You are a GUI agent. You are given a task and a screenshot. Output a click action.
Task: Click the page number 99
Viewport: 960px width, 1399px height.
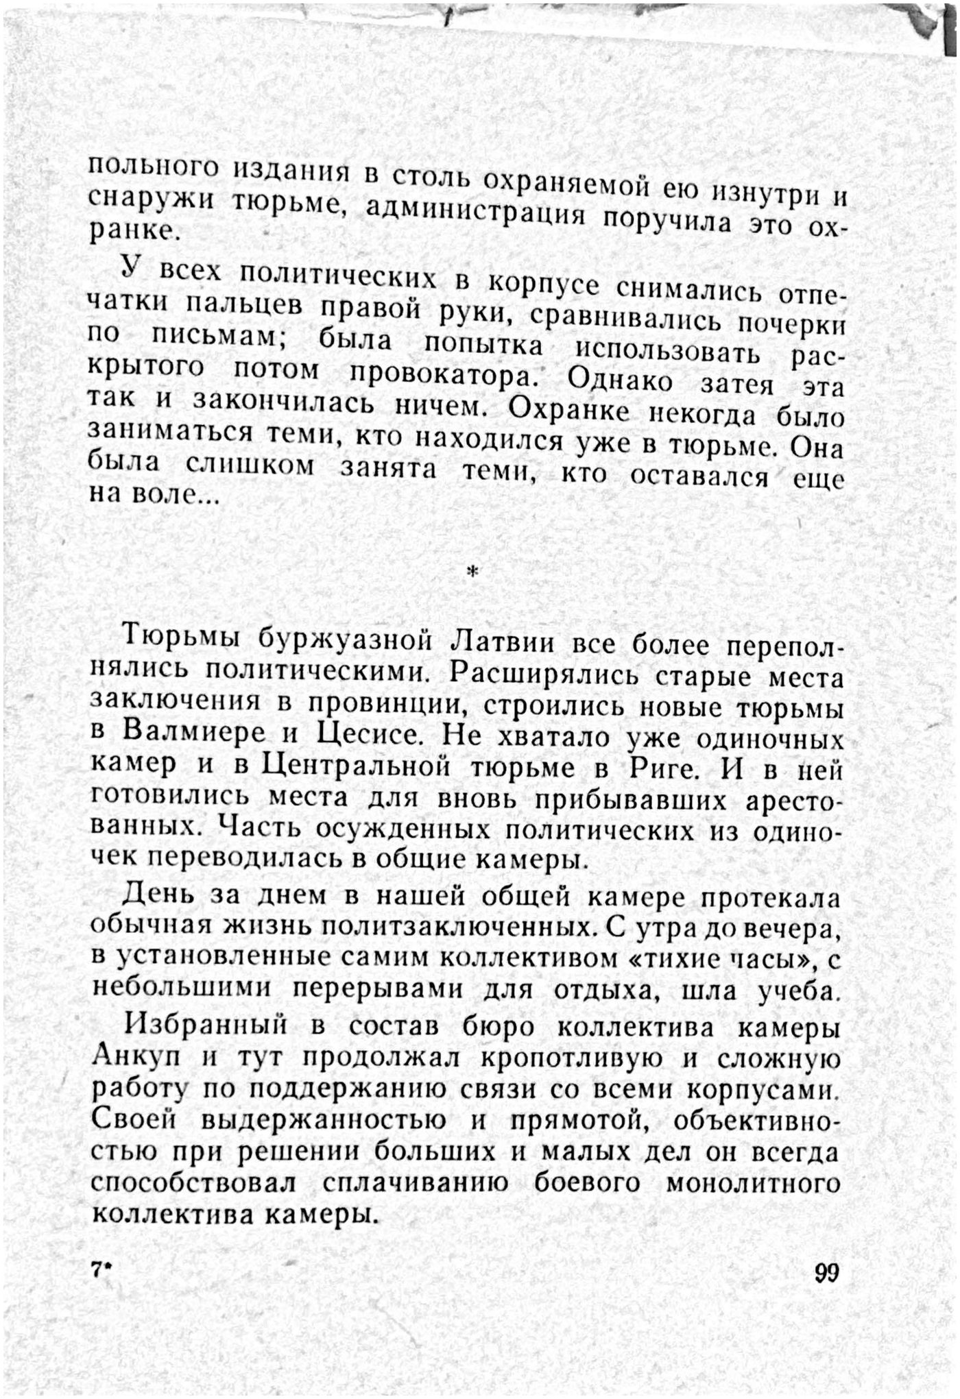(827, 1272)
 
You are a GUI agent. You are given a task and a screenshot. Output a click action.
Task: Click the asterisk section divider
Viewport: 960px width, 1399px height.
(471, 571)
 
